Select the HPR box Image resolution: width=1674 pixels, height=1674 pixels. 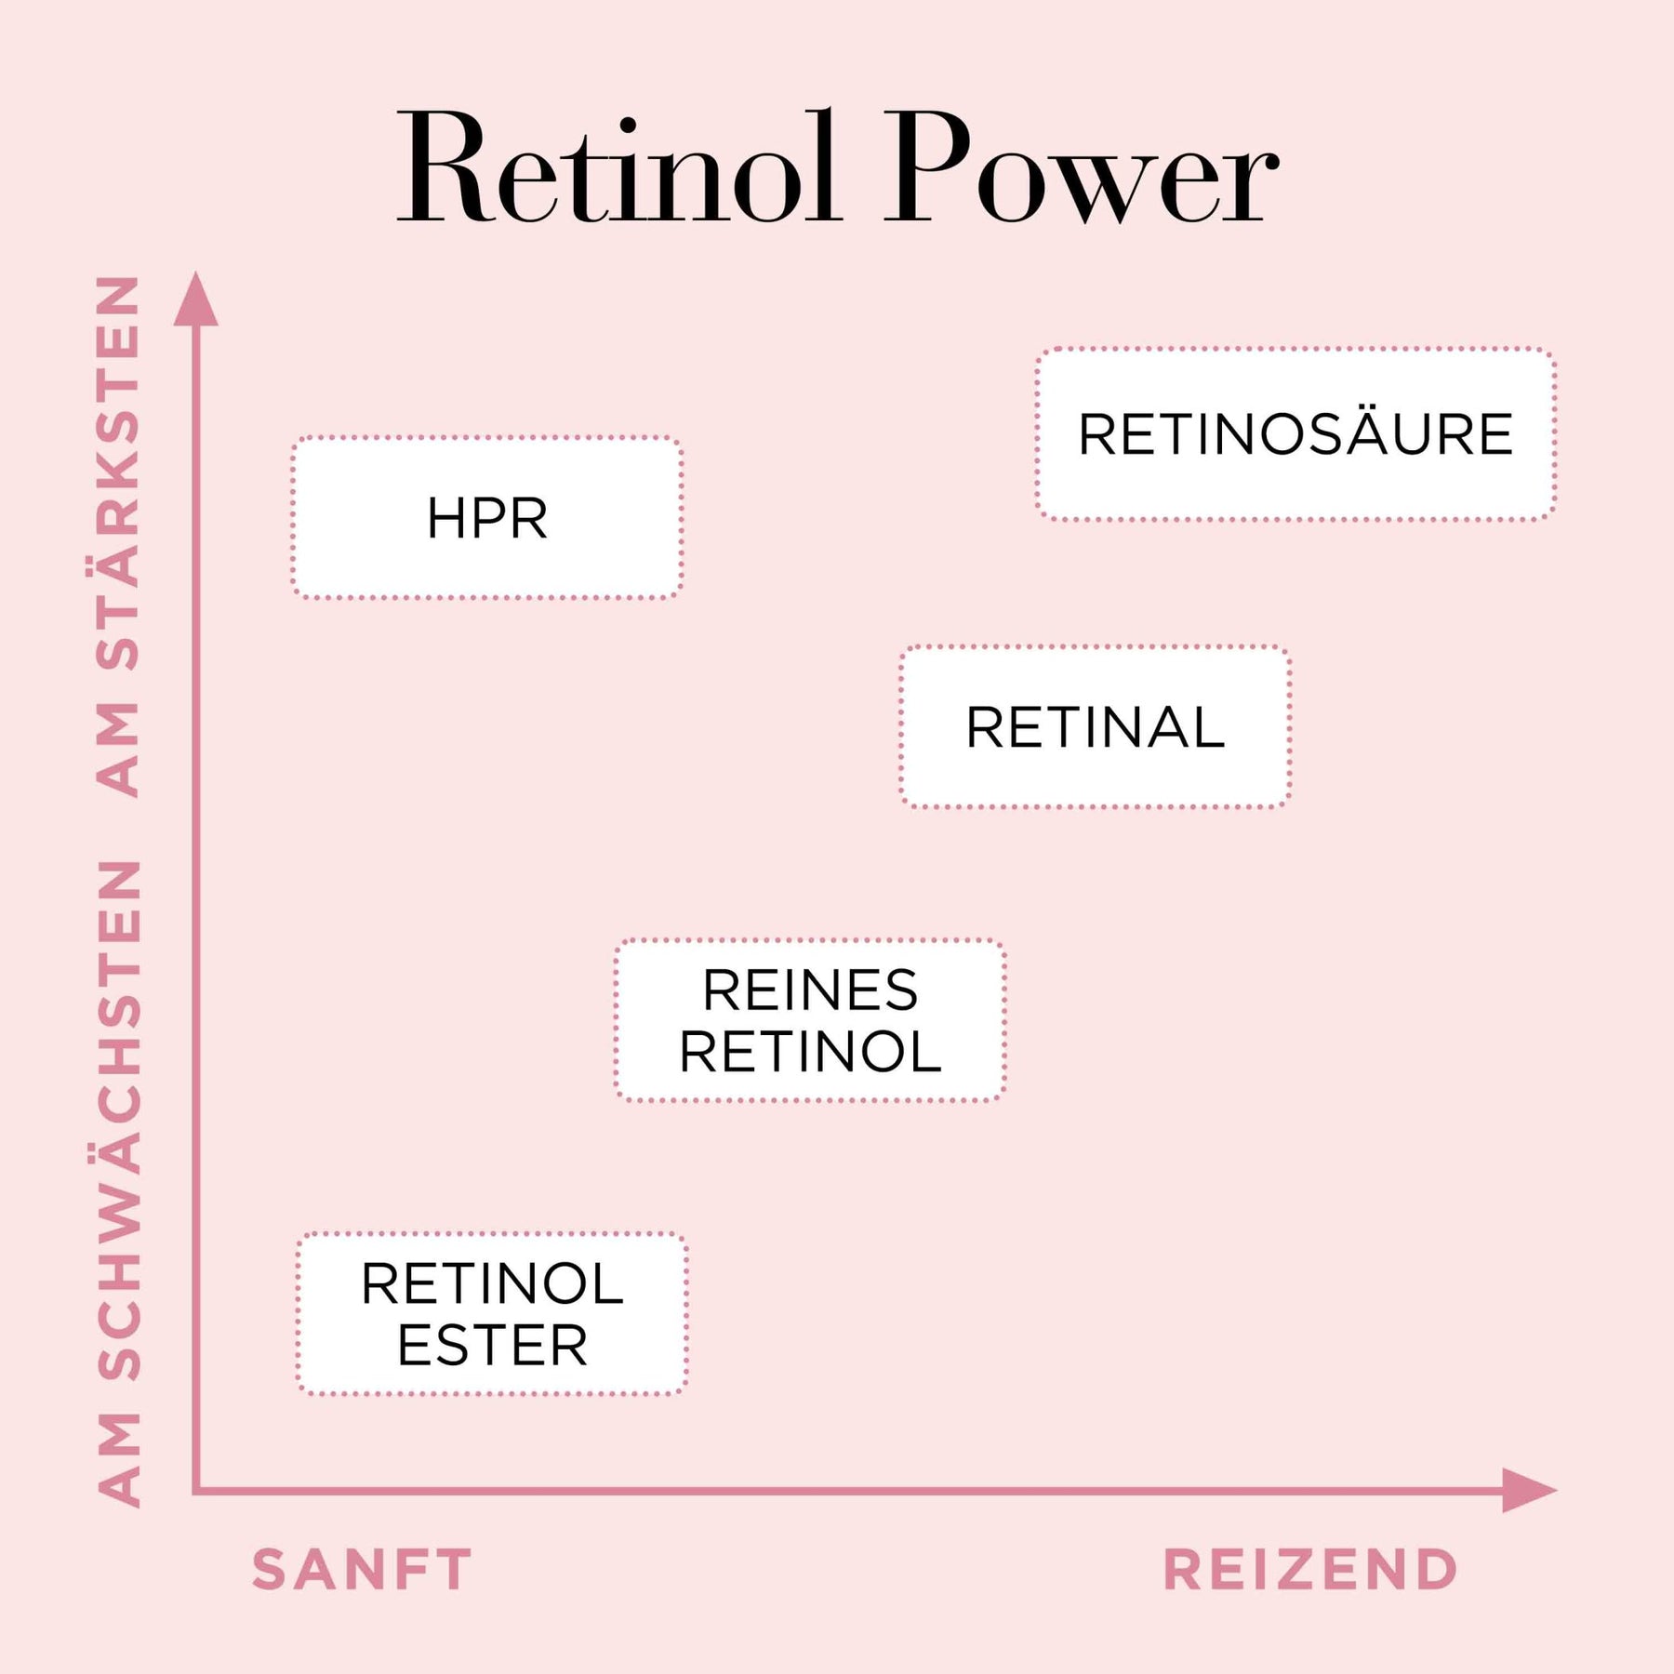[x=487, y=518]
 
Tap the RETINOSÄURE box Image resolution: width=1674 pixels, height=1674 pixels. [x=1295, y=434]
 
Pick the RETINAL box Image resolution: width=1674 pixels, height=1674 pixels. [x=1095, y=727]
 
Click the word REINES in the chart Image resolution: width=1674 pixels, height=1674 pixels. [x=810, y=990]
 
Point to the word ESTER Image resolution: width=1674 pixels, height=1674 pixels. [x=492, y=1346]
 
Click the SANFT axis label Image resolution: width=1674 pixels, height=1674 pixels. [x=362, y=1571]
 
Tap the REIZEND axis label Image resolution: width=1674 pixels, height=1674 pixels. [x=1310, y=1571]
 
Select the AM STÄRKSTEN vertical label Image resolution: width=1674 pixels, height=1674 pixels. [x=119, y=536]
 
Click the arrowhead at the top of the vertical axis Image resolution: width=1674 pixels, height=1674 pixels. [x=196, y=299]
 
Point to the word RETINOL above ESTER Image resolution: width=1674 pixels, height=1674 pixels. [x=492, y=1284]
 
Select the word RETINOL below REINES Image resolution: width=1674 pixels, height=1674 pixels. [x=810, y=1052]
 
